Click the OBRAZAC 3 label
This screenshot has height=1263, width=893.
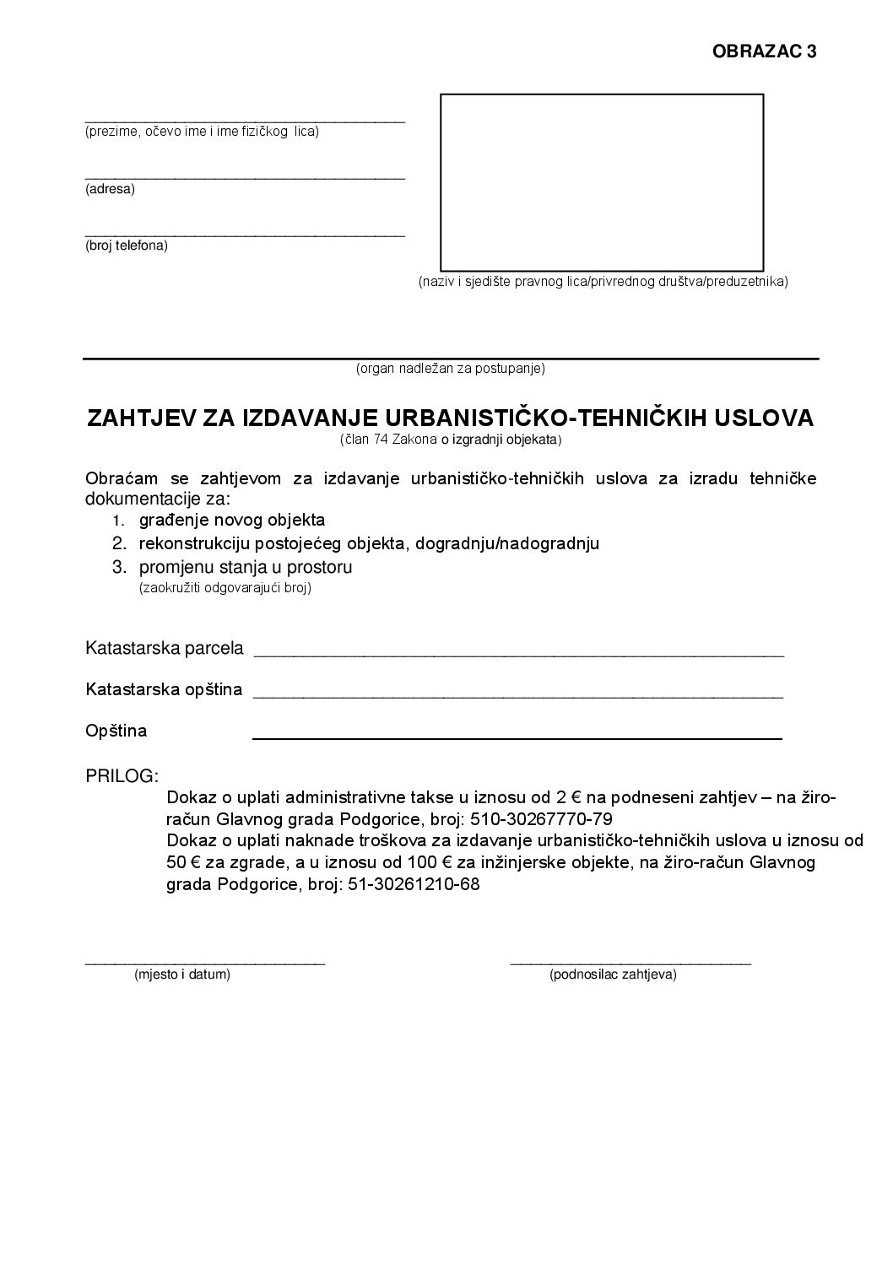click(x=764, y=51)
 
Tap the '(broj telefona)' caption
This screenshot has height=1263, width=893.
click(x=127, y=246)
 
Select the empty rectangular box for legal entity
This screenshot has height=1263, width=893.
click(x=602, y=182)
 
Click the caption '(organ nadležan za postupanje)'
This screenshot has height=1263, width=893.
click(x=451, y=369)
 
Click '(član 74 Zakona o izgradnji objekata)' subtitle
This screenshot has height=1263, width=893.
click(x=451, y=440)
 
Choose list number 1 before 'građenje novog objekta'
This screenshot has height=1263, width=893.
click(x=119, y=521)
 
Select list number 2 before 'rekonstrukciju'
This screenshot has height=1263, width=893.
click(x=119, y=543)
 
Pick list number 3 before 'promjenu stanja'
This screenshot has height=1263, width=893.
click(x=119, y=567)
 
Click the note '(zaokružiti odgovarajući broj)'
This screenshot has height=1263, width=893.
click(x=225, y=588)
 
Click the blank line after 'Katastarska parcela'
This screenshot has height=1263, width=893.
click(x=518, y=655)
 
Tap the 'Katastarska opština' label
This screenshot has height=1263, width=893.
click(x=164, y=689)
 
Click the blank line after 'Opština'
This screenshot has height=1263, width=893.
click(x=517, y=738)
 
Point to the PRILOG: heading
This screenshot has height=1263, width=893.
click(x=122, y=775)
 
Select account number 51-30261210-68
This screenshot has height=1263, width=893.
click(x=414, y=885)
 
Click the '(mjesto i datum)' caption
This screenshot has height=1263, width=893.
click(x=182, y=974)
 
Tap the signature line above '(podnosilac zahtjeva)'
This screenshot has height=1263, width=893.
click(x=631, y=962)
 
